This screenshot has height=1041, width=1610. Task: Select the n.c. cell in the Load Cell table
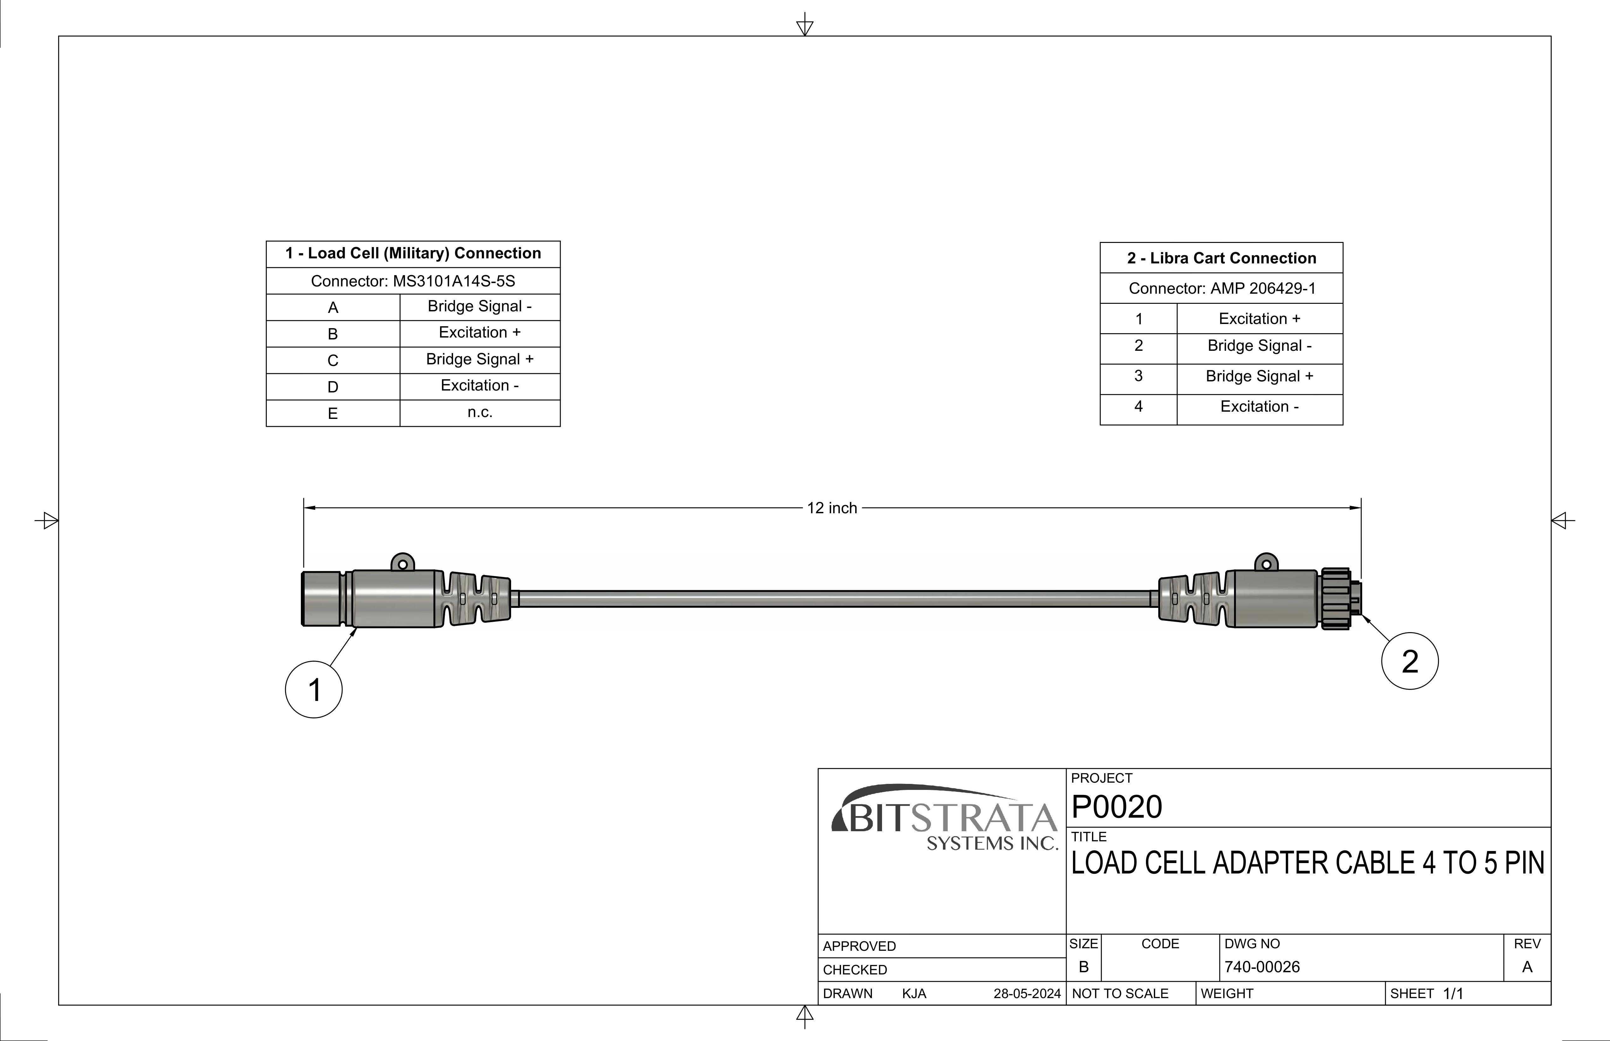(480, 412)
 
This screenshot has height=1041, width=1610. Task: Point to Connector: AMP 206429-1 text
(1222, 289)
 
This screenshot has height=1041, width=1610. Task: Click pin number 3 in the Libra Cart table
(1138, 376)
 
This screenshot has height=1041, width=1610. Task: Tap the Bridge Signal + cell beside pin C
(480, 359)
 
